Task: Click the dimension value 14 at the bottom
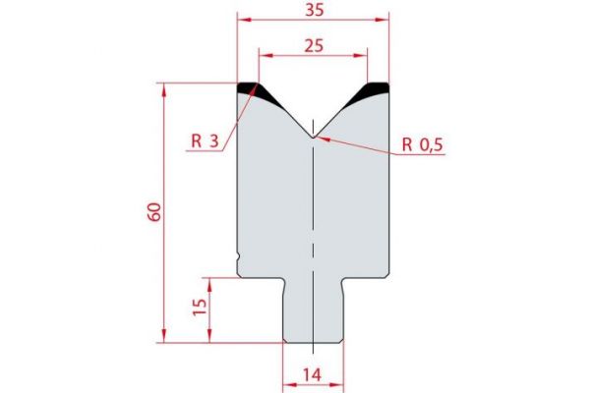click(314, 374)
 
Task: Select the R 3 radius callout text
click(205, 140)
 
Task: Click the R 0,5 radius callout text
click(424, 145)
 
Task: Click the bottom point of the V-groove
click(313, 137)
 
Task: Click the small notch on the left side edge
click(239, 260)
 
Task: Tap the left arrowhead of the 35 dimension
click(242, 19)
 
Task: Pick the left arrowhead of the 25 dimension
click(262, 53)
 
